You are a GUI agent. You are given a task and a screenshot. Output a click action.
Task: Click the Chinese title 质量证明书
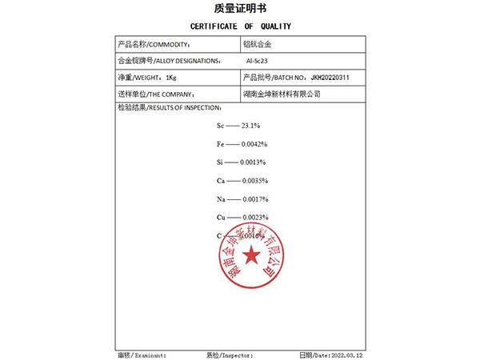240,10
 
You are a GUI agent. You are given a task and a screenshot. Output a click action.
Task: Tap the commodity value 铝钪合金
258,45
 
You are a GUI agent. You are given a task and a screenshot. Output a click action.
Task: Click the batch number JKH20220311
330,78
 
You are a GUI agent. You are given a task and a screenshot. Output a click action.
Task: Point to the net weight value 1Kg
170,78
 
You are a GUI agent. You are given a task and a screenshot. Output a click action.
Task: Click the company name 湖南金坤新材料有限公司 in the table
282,94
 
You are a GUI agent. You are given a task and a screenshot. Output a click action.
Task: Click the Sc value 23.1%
250,126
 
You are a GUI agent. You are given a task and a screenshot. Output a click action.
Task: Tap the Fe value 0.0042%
254,144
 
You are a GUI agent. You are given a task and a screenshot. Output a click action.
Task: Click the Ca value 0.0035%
254,181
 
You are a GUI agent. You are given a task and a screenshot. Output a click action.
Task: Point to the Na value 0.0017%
254,199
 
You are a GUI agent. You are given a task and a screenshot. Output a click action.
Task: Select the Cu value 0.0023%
254,218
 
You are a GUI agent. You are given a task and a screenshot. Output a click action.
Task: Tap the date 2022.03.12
346,354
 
